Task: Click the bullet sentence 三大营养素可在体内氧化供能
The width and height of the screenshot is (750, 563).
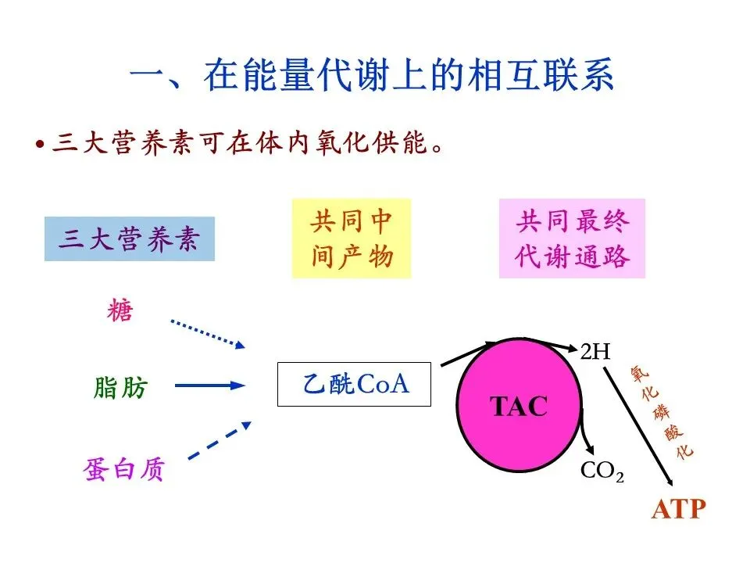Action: pos(242,145)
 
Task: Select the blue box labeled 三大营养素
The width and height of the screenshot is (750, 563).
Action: pos(130,239)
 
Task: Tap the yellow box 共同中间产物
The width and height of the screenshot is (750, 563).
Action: pos(351,238)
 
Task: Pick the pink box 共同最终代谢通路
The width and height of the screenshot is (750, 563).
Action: pos(572,238)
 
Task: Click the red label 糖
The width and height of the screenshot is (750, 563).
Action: pos(120,312)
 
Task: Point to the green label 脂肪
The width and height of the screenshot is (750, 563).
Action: pos(120,387)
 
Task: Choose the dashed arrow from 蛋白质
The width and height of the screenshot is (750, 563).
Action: pos(220,442)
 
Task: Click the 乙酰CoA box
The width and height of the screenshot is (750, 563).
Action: pos(354,384)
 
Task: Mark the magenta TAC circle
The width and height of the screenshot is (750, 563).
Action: pos(518,406)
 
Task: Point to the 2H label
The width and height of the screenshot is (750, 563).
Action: pos(595,351)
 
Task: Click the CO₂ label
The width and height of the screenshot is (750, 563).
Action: pos(602,471)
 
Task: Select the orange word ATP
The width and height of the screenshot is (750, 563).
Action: pos(678,510)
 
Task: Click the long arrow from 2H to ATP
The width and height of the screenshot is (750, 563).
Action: pos(637,423)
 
